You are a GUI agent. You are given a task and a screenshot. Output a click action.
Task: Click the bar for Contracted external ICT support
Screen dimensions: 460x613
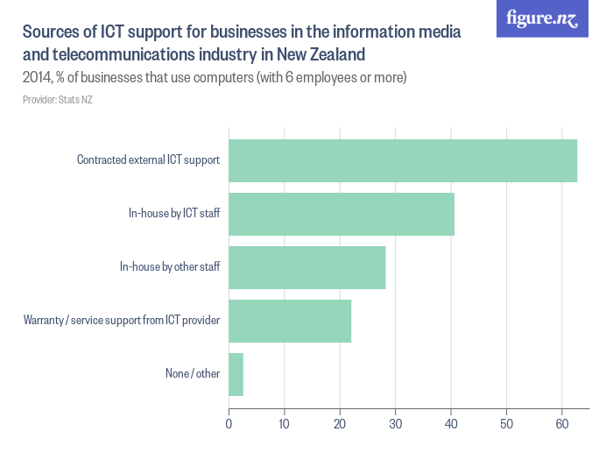point(403,160)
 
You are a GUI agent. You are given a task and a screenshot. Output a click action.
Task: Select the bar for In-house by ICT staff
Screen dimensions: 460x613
point(342,214)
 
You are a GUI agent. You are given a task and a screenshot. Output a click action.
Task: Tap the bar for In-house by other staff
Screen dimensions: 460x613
point(306,267)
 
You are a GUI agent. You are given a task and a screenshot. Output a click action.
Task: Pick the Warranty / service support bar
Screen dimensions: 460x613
point(290,321)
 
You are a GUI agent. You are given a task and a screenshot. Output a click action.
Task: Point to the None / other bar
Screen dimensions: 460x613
point(236,374)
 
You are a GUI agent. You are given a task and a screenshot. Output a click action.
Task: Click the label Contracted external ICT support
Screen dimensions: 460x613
point(148,160)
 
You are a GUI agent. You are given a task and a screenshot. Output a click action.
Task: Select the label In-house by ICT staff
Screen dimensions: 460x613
point(174,214)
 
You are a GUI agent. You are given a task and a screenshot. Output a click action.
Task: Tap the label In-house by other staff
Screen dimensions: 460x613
point(170,267)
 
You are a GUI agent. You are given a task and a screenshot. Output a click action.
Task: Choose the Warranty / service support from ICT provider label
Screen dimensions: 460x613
point(121,321)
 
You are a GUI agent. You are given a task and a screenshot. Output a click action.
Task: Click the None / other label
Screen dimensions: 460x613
point(193,374)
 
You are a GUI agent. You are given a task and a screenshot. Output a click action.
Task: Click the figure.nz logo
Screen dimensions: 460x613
point(542,19)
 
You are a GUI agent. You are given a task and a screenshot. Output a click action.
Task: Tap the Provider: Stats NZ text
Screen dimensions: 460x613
point(58,100)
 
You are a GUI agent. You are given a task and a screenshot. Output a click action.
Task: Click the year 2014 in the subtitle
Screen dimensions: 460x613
point(37,78)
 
